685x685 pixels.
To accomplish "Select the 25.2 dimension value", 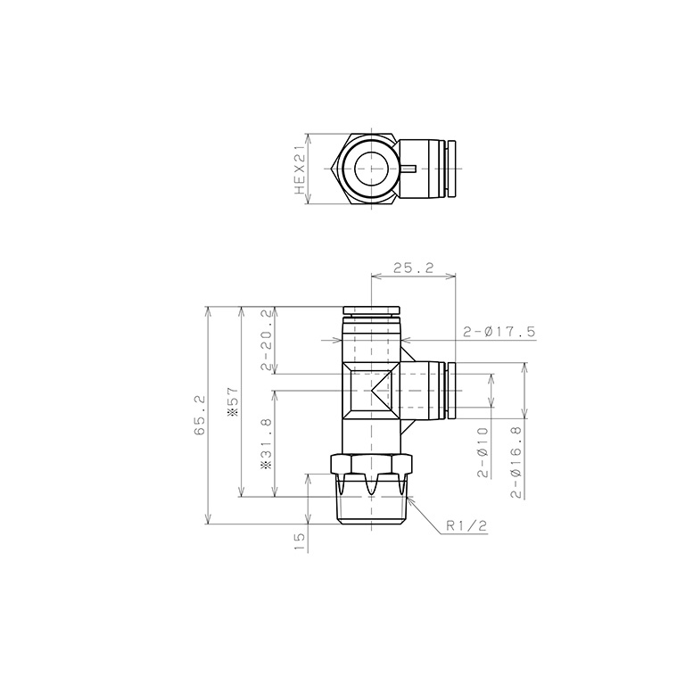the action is (x=413, y=268).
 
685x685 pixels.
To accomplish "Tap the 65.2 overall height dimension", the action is (x=199, y=415).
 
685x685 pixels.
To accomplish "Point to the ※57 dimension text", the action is (x=233, y=401).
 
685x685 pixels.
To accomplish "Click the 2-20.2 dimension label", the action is (x=266, y=340).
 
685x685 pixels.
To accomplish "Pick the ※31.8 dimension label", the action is (x=266, y=443).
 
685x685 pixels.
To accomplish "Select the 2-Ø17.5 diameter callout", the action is (x=499, y=332).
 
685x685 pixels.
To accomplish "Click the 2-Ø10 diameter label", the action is (x=483, y=452).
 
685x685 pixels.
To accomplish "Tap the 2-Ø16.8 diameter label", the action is (x=516, y=463).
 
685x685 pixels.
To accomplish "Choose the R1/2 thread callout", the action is (x=466, y=526).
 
